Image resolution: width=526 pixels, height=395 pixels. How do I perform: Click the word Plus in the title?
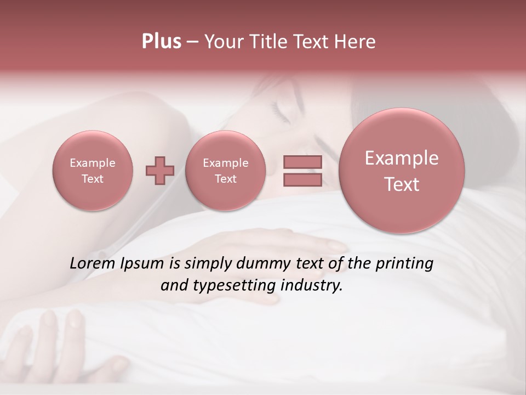(x=161, y=42)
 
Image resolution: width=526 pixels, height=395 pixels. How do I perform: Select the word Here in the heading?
(x=356, y=42)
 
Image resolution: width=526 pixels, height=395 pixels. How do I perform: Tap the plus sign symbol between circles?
(x=159, y=171)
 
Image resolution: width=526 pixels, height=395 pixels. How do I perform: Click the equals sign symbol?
(x=302, y=171)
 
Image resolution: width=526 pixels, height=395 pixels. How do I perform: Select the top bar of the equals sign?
(x=302, y=162)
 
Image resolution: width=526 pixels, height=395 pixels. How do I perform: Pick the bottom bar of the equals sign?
(x=302, y=180)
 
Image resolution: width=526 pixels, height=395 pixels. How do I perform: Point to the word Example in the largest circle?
(x=402, y=158)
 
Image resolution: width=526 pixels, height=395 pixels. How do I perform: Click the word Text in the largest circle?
(x=402, y=184)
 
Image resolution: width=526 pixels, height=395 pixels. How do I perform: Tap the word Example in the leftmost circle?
(x=93, y=163)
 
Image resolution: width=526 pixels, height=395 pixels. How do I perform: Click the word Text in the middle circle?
(x=225, y=179)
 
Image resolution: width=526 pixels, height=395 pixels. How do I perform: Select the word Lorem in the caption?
(x=91, y=264)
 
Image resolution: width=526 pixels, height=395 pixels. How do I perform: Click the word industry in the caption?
(x=311, y=286)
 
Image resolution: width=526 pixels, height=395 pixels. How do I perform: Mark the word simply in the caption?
(x=208, y=264)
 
